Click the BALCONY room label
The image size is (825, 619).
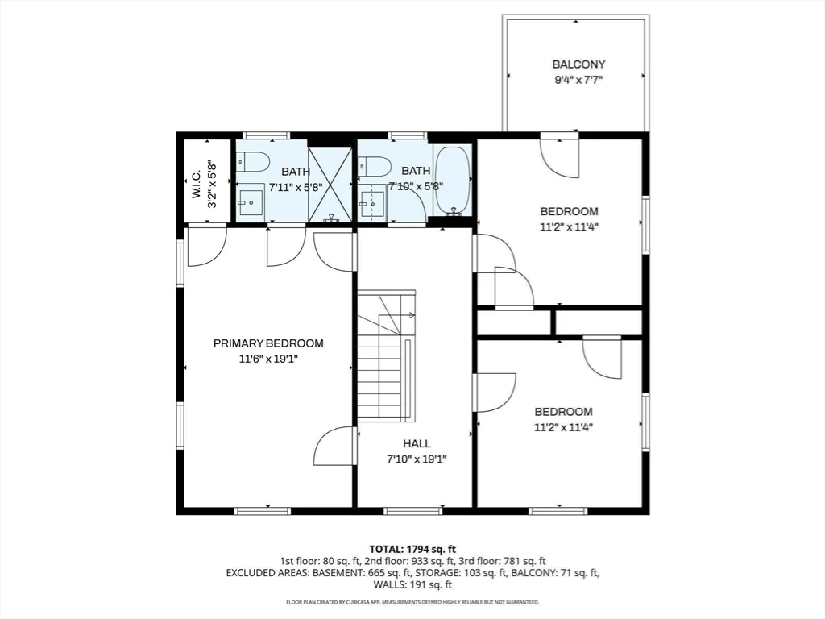578,64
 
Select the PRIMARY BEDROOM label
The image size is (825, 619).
268,343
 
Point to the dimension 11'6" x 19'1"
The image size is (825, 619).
268,359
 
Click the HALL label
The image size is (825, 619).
417,443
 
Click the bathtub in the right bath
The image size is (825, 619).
452,181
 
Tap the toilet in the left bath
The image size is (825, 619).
253,163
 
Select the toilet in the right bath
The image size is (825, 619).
375,166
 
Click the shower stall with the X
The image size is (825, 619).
330,184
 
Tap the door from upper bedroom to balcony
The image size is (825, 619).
559,153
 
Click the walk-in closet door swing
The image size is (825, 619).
205,246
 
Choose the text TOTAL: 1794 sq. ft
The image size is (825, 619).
412,548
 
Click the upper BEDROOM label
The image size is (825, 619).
569,211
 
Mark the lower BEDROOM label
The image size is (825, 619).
564,411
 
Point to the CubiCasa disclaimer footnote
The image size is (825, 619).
412,602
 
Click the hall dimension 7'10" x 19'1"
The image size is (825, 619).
417,459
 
